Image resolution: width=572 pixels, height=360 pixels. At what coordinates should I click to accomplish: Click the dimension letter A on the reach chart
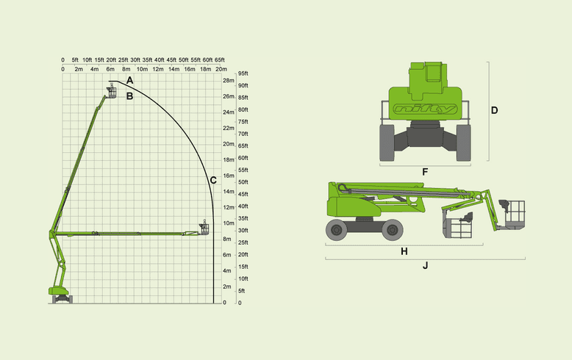click(129, 81)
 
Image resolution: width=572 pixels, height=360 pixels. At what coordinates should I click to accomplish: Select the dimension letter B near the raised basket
click(129, 96)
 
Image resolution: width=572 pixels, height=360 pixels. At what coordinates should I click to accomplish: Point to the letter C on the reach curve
click(213, 180)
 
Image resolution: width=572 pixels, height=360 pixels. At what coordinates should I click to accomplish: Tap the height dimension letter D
click(494, 110)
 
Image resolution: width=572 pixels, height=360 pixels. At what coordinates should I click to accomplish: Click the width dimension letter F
click(425, 172)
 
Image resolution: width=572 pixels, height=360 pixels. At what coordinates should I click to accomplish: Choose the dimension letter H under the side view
click(404, 251)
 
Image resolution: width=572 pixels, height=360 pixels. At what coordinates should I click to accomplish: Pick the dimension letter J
click(426, 266)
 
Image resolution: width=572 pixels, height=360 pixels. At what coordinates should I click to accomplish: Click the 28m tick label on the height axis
click(229, 81)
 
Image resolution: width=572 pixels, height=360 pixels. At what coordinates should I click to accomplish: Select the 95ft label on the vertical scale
click(243, 73)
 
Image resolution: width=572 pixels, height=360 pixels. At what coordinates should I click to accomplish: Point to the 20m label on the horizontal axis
click(221, 69)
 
